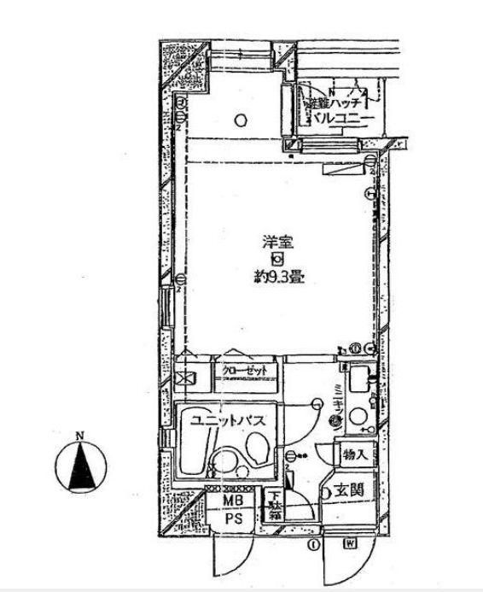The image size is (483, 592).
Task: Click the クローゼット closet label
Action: coord(245,370)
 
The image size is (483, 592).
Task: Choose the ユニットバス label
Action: coord(220,419)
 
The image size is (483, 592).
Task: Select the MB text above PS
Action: coord(233,500)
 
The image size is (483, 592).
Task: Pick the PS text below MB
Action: coord(233,518)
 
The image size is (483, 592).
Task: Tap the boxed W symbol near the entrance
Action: coord(351,543)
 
